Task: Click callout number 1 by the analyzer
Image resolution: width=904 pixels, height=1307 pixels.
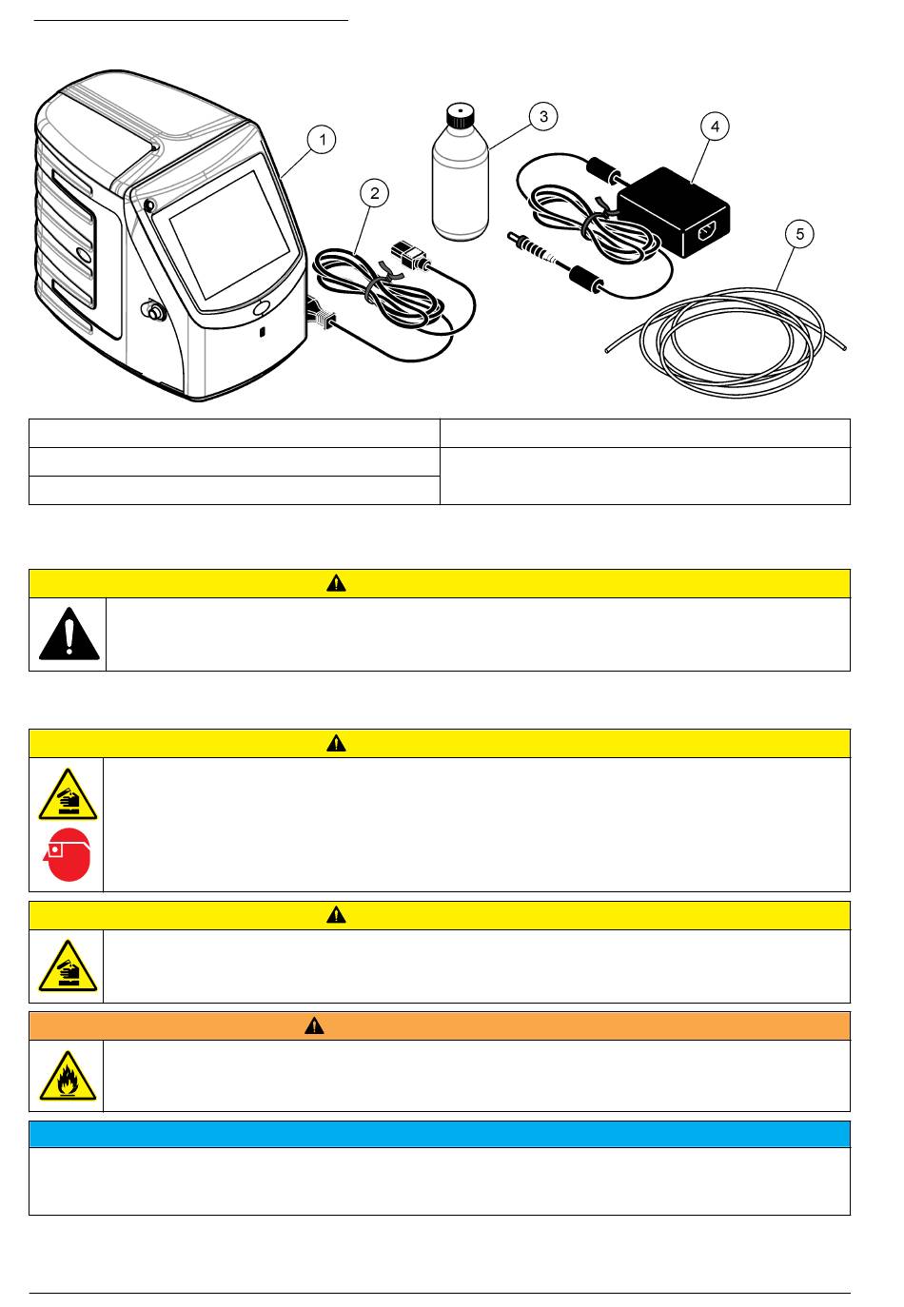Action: click(x=323, y=140)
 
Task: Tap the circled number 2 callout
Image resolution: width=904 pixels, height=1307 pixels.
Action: click(x=375, y=193)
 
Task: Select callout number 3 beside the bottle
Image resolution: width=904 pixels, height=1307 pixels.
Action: click(x=542, y=116)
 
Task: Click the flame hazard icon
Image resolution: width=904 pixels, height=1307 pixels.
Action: click(x=67, y=1077)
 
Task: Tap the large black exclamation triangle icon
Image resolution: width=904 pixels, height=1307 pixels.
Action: click(x=69, y=634)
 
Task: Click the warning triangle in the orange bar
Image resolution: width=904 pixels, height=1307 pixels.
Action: click(x=314, y=1025)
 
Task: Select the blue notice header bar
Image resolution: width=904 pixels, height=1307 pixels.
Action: click(x=439, y=1134)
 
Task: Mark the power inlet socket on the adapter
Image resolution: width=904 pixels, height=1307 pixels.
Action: click(x=707, y=230)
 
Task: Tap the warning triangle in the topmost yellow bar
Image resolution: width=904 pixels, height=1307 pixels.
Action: click(x=336, y=584)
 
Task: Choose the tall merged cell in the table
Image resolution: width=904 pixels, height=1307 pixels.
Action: click(x=644, y=476)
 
